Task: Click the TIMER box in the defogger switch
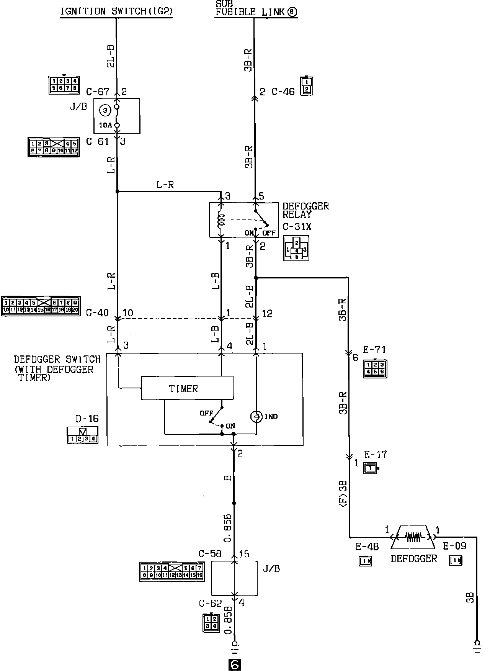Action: click(187, 388)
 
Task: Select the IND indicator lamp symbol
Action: click(256, 417)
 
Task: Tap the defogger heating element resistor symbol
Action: click(413, 537)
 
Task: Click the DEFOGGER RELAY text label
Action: click(305, 210)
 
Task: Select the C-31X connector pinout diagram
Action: click(296, 248)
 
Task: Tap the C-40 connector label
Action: click(97, 313)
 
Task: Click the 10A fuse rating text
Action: click(106, 125)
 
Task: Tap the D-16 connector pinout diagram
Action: click(83, 436)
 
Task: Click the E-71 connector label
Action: click(374, 350)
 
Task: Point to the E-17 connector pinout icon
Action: click(370, 468)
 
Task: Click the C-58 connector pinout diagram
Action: click(171, 571)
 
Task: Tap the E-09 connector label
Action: click(454, 546)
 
